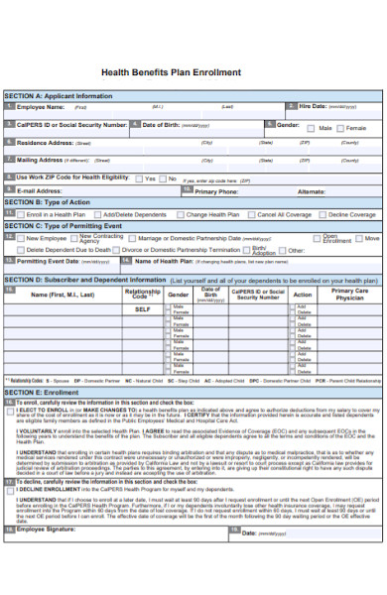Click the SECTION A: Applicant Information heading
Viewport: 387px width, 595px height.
pos(60,96)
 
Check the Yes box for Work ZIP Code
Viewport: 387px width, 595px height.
pos(139,178)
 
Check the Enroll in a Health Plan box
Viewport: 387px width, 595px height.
pos(21,214)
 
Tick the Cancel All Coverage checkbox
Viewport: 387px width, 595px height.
pos(252,214)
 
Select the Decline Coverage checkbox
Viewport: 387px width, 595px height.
pos(322,214)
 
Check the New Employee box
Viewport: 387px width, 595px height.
pos(21,239)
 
